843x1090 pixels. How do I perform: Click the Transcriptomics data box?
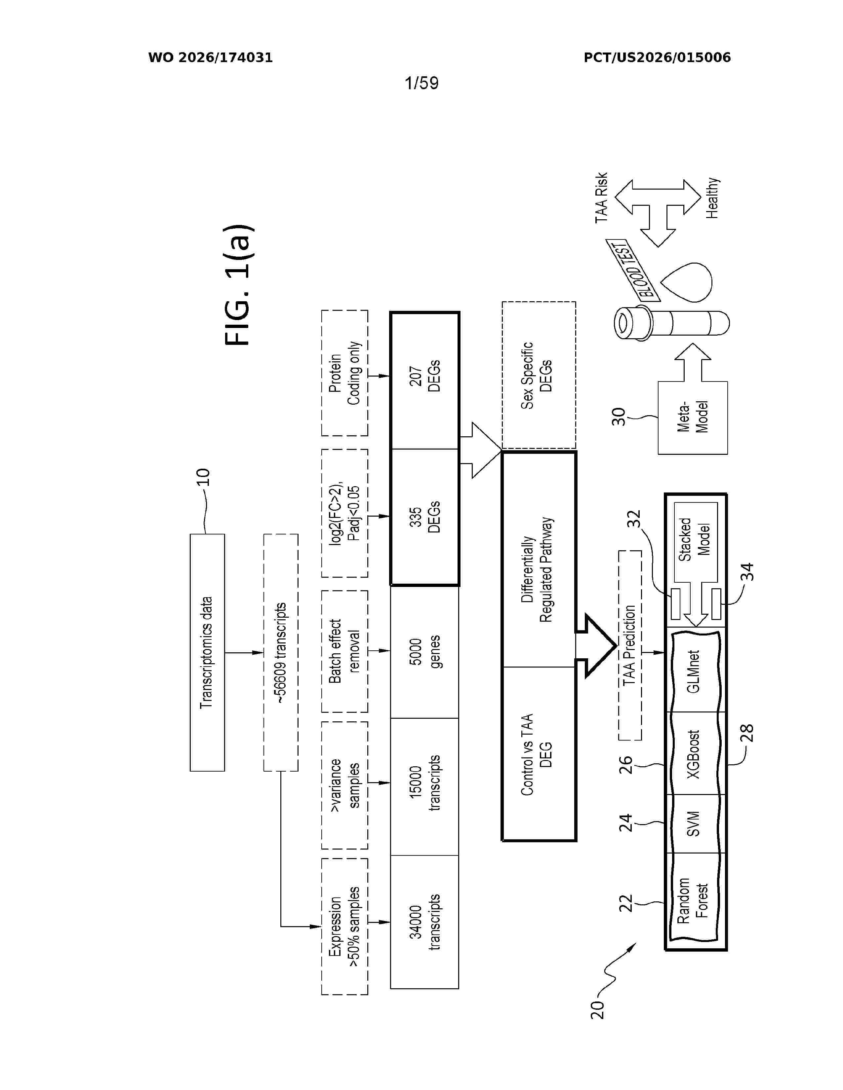coord(207,652)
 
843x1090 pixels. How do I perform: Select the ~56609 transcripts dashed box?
coord(281,652)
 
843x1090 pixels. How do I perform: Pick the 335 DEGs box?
coord(424,517)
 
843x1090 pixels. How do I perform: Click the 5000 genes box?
coord(424,652)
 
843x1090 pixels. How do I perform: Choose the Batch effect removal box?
coord(344,651)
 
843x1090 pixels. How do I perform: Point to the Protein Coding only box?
coord(344,373)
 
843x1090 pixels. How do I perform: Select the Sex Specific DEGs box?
coord(539,375)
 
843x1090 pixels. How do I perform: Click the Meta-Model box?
coord(693,418)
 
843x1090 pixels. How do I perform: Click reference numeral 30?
coord(619,417)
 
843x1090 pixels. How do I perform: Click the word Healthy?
coord(712,198)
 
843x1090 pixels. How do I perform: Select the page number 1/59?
coord(421,83)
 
